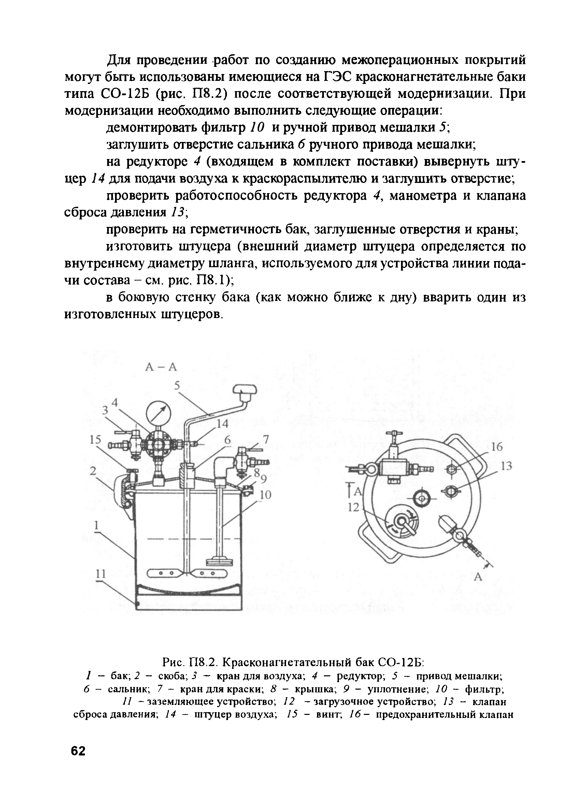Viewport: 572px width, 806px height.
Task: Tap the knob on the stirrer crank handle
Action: pyautogui.click(x=244, y=389)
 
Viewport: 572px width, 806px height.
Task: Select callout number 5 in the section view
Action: pyautogui.click(x=177, y=386)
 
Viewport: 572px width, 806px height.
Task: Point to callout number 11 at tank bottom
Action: pyautogui.click(x=101, y=574)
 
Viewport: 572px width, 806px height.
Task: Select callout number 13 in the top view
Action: pyautogui.click(x=506, y=466)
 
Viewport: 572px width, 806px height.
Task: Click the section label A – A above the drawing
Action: pyautogui.click(x=161, y=367)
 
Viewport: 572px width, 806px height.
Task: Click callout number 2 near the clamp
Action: pyautogui.click(x=92, y=471)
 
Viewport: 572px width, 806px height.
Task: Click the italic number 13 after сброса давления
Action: pyautogui.click(x=178, y=212)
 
